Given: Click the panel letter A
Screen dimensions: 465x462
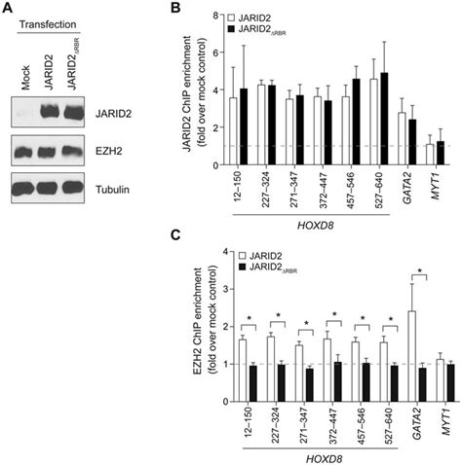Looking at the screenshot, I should tap(9, 9).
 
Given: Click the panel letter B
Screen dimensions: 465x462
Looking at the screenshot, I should tap(175, 9).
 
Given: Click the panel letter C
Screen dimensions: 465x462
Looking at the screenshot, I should tap(175, 240).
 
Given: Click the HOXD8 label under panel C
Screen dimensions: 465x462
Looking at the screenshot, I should tap(307, 456).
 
